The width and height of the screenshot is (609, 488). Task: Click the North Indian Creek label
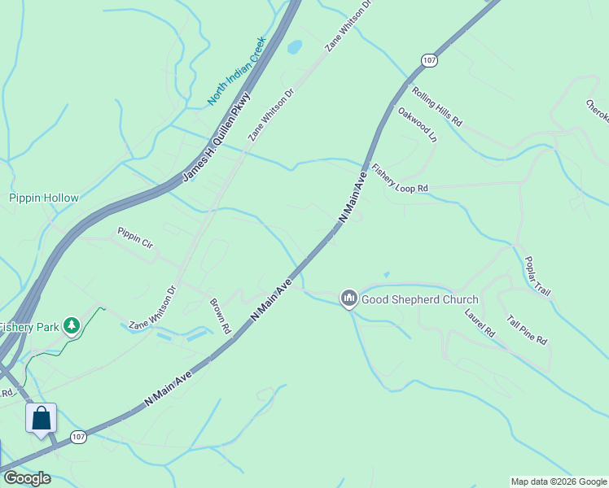pyautogui.click(x=237, y=71)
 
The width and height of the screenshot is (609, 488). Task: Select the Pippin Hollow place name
pyautogui.click(x=44, y=198)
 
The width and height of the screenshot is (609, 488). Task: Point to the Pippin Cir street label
pyautogui.click(x=135, y=237)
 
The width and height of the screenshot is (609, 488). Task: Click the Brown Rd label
pyautogui.click(x=221, y=316)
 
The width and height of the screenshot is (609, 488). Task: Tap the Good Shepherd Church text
pyautogui.click(x=420, y=299)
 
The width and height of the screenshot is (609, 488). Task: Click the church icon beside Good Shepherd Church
pyautogui.click(x=349, y=299)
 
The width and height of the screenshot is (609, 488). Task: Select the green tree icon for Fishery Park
pyautogui.click(x=72, y=326)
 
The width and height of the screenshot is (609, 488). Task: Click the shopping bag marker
pyautogui.click(x=42, y=418)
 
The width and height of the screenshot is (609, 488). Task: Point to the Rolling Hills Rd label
pyautogui.click(x=437, y=107)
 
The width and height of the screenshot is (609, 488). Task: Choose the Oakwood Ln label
pyautogui.click(x=418, y=124)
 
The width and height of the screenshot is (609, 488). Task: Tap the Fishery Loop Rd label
pyautogui.click(x=399, y=179)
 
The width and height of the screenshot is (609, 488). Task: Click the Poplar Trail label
pyautogui.click(x=537, y=276)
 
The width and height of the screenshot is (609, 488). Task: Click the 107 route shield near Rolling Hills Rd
pyautogui.click(x=429, y=61)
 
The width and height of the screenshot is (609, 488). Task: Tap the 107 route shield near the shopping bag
pyautogui.click(x=78, y=437)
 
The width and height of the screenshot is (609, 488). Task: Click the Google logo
pyautogui.click(x=27, y=478)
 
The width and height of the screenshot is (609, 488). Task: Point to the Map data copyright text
pyautogui.click(x=559, y=481)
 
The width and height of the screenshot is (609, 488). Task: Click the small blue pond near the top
pyautogui.click(x=294, y=46)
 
